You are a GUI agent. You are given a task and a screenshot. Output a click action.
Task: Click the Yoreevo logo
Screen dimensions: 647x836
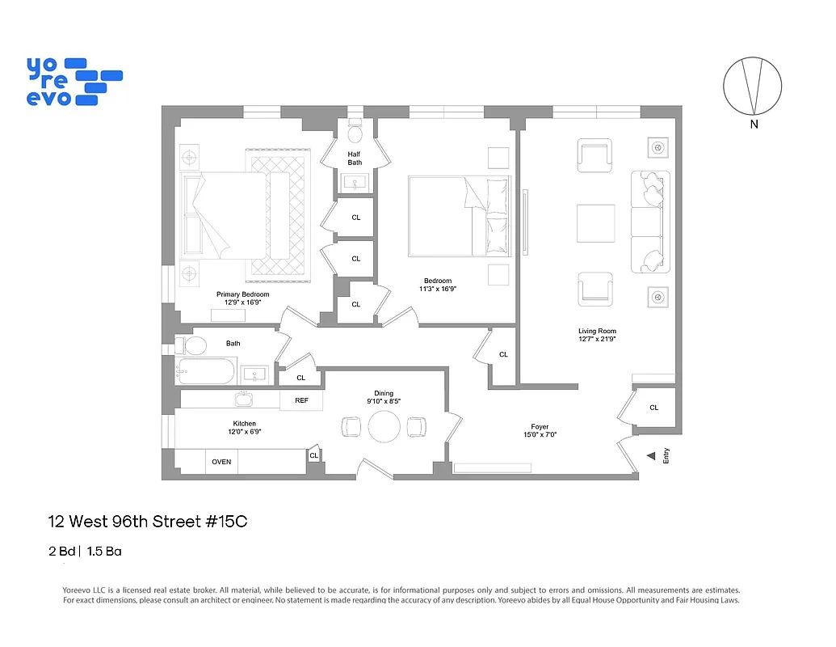pos(74,81)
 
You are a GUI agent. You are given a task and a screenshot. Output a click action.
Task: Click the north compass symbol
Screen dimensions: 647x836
pos(752,85)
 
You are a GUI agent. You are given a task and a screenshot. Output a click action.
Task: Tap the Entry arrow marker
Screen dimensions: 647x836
pos(650,456)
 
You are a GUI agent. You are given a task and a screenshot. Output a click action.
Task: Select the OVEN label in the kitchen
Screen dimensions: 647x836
pos(221,462)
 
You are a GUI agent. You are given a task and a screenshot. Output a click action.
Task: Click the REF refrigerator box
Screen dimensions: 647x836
pos(301,400)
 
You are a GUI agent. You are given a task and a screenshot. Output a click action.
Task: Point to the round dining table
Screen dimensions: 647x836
pos(384,426)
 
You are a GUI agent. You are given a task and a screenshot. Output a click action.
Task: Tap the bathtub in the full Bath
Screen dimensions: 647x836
pos(207,372)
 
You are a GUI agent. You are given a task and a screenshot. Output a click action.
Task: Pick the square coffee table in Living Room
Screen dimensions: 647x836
pos(595,223)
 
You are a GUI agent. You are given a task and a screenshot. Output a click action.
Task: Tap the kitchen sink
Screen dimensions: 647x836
pos(245,398)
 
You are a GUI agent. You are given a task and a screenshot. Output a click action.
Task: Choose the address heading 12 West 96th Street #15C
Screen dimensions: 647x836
pos(148,522)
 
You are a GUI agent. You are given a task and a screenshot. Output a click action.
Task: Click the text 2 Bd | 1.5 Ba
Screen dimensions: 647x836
pos(85,552)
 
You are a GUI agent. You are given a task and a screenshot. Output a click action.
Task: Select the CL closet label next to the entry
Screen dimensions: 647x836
pos(653,408)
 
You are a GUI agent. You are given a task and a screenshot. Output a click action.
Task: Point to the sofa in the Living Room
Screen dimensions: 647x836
pos(651,222)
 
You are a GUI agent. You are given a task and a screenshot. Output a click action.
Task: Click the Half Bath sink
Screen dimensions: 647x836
pos(355,184)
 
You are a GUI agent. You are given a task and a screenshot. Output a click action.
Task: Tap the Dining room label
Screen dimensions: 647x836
pos(384,393)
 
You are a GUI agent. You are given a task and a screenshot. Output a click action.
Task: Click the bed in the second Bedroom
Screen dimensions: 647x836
pos(459,217)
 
